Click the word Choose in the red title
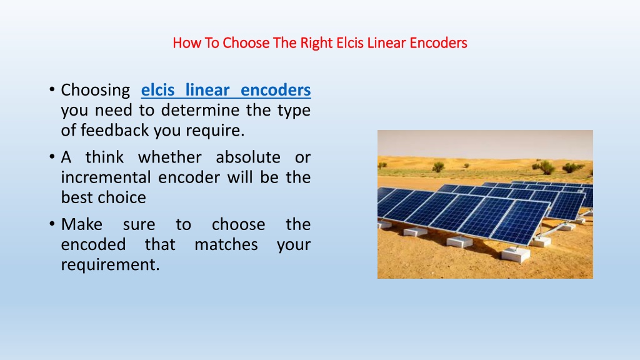(x=246, y=43)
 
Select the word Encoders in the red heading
(x=438, y=43)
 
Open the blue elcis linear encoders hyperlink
(x=226, y=90)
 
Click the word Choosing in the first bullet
(x=95, y=90)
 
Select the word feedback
(x=114, y=130)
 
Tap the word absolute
(x=247, y=157)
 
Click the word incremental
(x=106, y=177)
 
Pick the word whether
(x=170, y=157)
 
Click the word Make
(x=82, y=224)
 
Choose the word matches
(x=226, y=244)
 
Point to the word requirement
(x=110, y=265)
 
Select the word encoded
(x=93, y=244)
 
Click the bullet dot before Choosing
(x=52, y=89)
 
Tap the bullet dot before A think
(x=52, y=157)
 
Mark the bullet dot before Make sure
(x=52, y=224)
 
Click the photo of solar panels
(x=485, y=204)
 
